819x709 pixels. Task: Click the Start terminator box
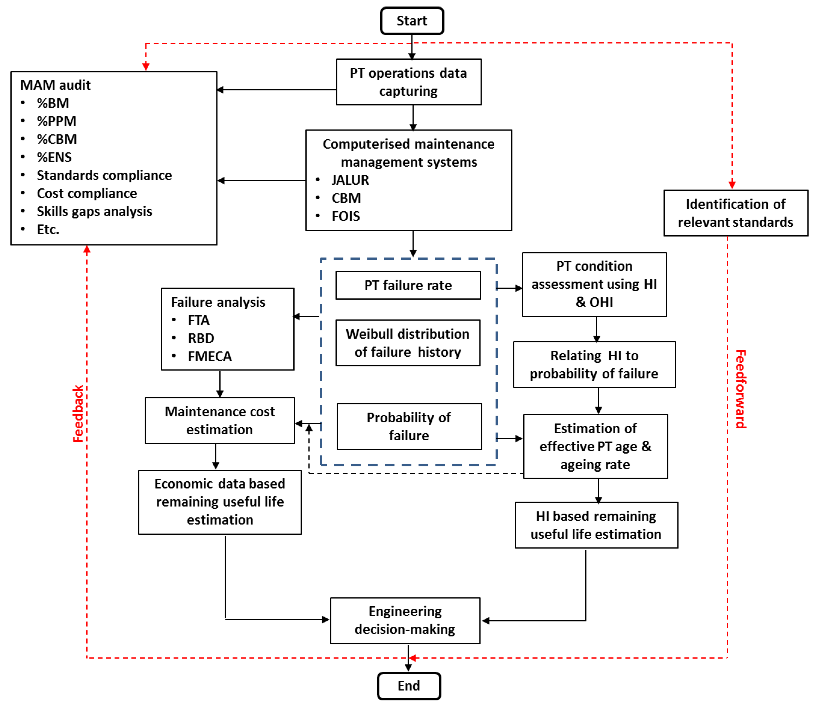click(412, 21)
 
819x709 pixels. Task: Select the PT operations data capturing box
click(409, 82)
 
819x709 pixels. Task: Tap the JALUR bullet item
click(350, 180)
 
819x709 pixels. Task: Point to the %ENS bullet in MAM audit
click(54, 157)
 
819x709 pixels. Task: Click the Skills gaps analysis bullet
click(94, 211)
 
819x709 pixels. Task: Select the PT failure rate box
click(408, 285)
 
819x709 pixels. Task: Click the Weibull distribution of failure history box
click(408, 343)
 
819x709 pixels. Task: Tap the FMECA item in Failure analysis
click(209, 356)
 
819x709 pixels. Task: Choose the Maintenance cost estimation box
click(220, 421)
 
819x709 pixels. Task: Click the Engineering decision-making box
click(405, 620)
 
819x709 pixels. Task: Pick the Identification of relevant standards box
click(736, 213)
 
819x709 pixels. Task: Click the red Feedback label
click(78, 414)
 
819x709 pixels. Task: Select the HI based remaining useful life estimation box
click(596, 525)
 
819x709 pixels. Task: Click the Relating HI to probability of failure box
click(594, 364)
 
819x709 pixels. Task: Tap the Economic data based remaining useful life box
click(220, 502)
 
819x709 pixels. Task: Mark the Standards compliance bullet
click(104, 175)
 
